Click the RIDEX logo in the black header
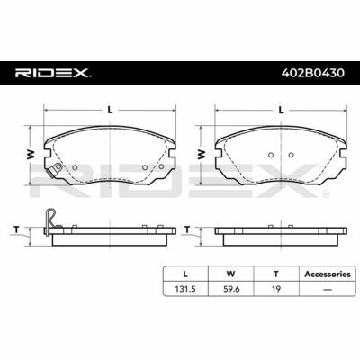tap(53, 73)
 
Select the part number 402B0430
tap(313, 73)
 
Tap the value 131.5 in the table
tap(185, 289)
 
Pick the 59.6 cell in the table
tap(230, 289)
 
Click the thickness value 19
tap(276, 289)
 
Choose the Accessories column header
tap(328, 274)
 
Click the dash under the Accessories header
tap(328, 290)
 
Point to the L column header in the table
tap(185, 274)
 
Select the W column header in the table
tap(230, 274)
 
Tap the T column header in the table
tap(276, 274)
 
